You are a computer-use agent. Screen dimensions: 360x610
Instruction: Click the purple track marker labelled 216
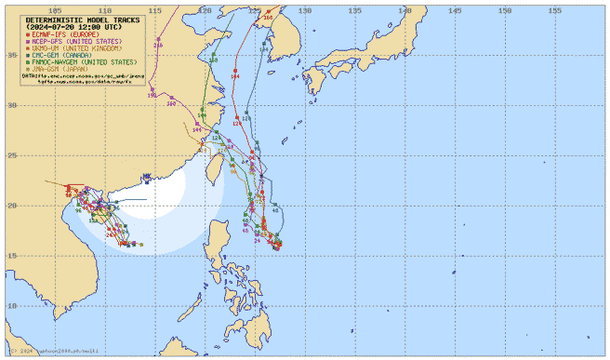click(157, 45)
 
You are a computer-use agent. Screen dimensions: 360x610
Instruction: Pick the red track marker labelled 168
click(269, 17)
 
